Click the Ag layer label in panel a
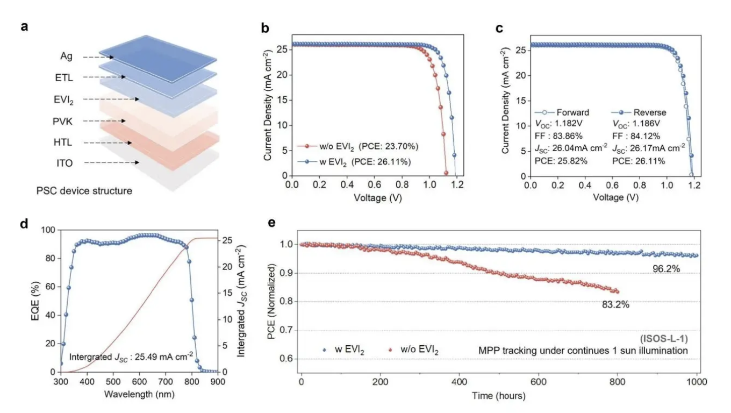pyautogui.click(x=67, y=56)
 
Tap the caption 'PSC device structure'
pyautogui.click(x=84, y=190)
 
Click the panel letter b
pyautogui.click(x=264, y=28)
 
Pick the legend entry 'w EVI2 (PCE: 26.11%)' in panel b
pyautogui.click(x=361, y=161)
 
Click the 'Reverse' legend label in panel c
pyautogui.click(x=649, y=112)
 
